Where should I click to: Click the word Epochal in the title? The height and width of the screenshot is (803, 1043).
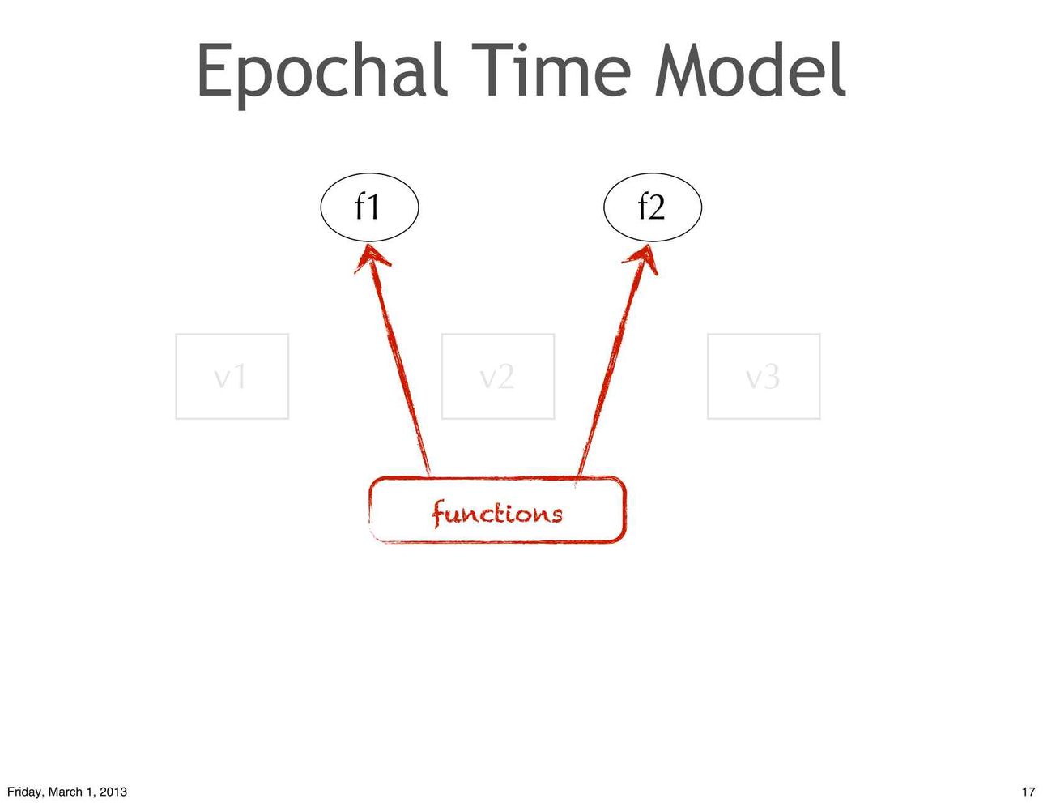(321, 75)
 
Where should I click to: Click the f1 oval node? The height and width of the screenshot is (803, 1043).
(369, 207)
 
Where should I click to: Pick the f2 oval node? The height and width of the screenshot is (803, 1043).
(653, 207)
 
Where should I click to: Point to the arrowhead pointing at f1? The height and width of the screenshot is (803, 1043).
(369, 245)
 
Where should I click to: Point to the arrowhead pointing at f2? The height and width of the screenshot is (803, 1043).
(649, 246)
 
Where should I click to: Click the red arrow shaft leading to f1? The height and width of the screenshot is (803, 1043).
(399, 361)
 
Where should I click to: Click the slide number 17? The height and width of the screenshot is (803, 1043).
(1028, 792)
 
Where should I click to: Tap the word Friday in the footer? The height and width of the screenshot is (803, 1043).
(23, 792)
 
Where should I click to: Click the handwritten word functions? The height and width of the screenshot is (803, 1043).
(496, 514)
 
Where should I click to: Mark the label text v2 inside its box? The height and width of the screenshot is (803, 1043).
(497, 378)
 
